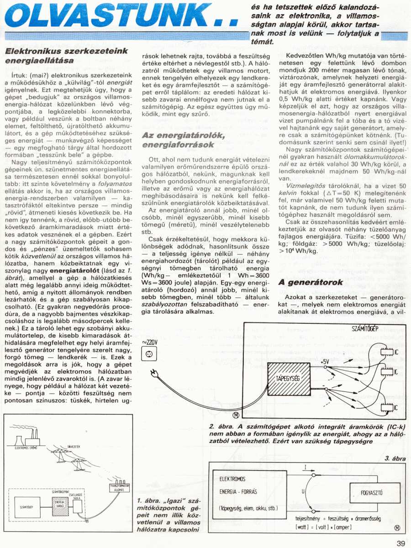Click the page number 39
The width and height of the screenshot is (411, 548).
click(x=400, y=543)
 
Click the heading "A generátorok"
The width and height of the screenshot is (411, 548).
click(x=311, y=283)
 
